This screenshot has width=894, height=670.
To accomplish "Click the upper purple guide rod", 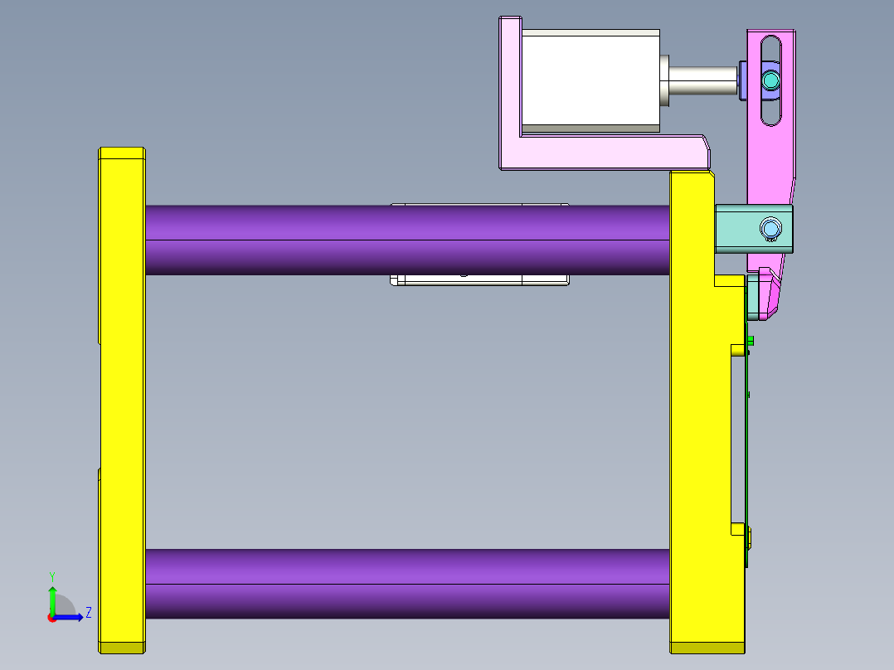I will (x=332, y=240).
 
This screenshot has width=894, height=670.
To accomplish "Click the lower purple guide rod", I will (x=332, y=583).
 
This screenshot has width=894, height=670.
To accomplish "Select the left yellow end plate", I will (x=121, y=398).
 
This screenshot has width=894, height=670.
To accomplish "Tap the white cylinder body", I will (x=589, y=80).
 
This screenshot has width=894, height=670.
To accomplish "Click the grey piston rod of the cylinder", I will (x=701, y=80).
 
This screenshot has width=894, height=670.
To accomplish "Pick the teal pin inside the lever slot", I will (x=771, y=80).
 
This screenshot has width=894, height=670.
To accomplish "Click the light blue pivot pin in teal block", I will (x=770, y=228).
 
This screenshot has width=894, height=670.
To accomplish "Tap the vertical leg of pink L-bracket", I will (x=508, y=91).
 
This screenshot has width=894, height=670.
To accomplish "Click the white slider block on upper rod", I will (x=479, y=279).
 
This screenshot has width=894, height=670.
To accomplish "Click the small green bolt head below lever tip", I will (x=750, y=340).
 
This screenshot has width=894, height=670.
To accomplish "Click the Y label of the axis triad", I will (x=51, y=575).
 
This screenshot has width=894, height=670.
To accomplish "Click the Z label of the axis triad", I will (x=88, y=613).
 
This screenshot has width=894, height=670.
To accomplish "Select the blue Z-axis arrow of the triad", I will (x=70, y=616).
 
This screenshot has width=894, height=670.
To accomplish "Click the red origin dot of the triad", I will (x=51, y=617).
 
